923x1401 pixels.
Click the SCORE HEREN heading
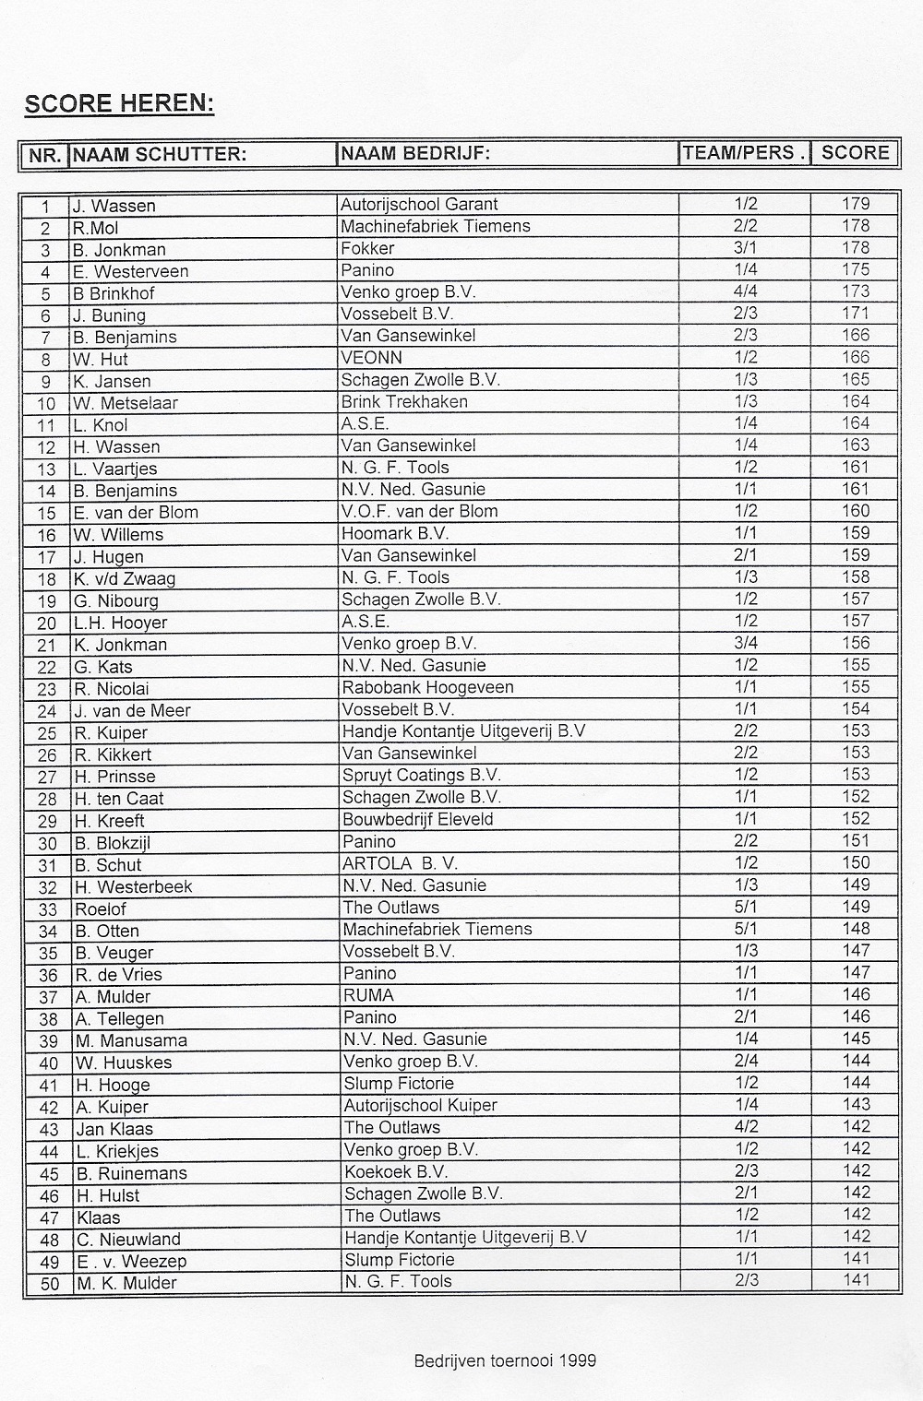(119, 102)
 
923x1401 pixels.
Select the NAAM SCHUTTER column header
(159, 154)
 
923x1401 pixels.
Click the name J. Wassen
(115, 206)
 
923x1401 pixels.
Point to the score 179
(856, 204)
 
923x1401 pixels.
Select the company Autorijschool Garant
(419, 205)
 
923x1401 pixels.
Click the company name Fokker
(367, 248)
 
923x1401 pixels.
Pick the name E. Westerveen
(131, 271)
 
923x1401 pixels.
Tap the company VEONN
(371, 358)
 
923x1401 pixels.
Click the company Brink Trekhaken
(404, 402)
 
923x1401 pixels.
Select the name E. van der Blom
(137, 513)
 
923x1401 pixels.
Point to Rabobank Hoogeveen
(427, 687)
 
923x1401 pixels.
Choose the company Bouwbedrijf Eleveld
(417, 819)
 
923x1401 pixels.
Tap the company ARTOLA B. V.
(400, 863)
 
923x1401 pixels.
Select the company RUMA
(368, 995)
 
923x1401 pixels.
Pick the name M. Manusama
(131, 1040)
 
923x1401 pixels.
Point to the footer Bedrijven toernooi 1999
(505, 1359)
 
